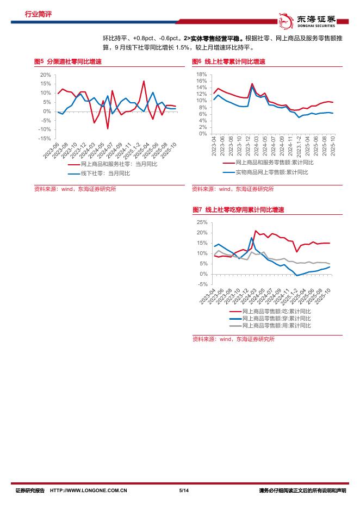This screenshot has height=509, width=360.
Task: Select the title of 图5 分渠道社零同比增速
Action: point(67,62)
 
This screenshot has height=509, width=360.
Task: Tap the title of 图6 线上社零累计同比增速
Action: point(228,62)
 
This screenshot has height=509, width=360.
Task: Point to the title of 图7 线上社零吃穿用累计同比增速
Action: point(239,209)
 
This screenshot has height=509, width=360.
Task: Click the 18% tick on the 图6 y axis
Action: point(201,74)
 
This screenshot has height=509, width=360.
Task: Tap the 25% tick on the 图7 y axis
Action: point(202,222)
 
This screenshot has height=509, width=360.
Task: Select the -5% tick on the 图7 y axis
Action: point(202,274)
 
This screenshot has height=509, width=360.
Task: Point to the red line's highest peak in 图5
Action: point(144,81)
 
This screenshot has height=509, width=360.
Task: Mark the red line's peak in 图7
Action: point(256,231)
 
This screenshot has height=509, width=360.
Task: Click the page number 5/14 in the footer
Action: point(183,491)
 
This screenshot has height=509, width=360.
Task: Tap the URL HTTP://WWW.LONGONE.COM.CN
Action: point(88,491)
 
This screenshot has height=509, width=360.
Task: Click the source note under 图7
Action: point(233,339)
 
